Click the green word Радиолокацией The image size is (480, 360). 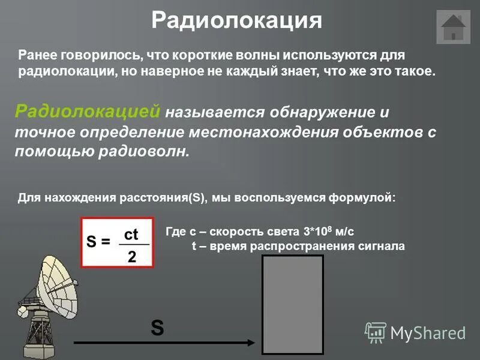(x=88, y=111)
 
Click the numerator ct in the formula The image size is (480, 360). (x=131, y=235)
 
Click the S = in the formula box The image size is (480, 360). (x=99, y=242)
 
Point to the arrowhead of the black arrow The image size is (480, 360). (x=251, y=343)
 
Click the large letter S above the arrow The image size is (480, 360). (x=157, y=328)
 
